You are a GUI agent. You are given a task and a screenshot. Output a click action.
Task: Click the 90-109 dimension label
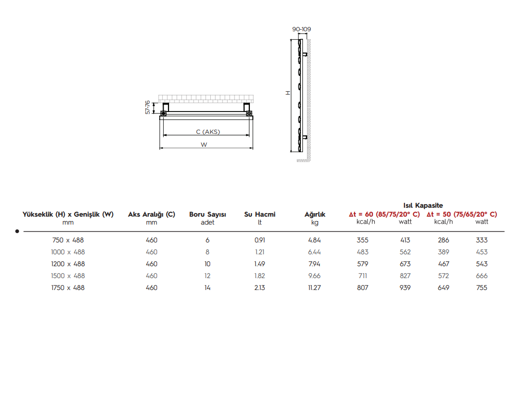pyautogui.click(x=301, y=29)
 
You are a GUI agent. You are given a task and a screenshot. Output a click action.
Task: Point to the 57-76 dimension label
pyautogui.click(x=148, y=107)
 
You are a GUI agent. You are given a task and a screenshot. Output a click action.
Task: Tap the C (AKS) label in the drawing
pyautogui.click(x=208, y=131)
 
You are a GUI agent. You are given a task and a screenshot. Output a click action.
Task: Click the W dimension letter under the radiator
pyautogui.click(x=204, y=144)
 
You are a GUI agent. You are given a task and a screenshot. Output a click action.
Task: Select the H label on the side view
pyautogui.click(x=288, y=93)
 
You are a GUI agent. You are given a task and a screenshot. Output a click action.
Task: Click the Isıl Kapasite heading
pyautogui.click(x=423, y=205)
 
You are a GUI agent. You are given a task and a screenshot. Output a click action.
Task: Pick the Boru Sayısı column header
pyautogui.click(x=208, y=214)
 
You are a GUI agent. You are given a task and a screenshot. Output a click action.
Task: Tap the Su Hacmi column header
pyautogui.click(x=260, y=214)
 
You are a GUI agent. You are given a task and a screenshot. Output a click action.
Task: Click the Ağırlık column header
pyautogui.click(x=315, y=214)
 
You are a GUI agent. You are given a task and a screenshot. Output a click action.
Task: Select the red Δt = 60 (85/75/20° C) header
pyautogui.click(x=384, y=214)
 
